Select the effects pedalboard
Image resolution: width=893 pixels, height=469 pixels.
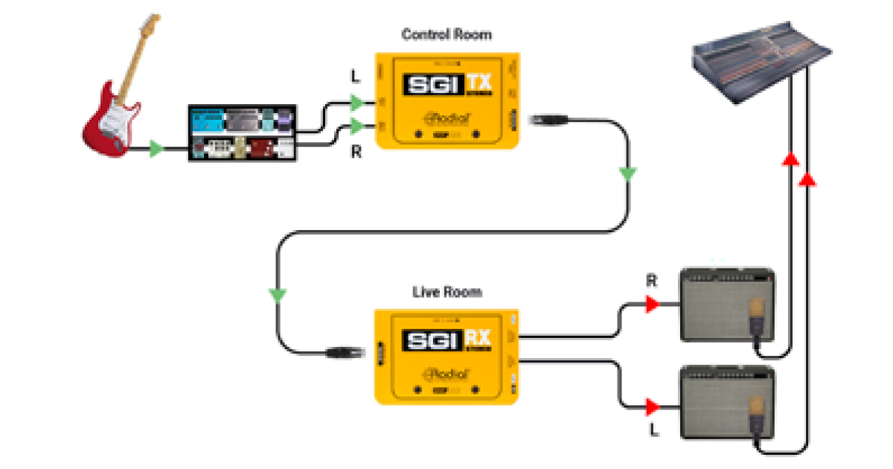click(x=242, y=134)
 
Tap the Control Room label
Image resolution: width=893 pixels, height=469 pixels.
click(x=446, y=34)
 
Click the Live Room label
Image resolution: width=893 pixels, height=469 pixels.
click(x=446, y=292)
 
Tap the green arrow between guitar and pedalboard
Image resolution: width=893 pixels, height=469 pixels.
click(x=156, y=149)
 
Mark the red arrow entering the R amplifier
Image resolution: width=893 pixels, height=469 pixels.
click(x=653, y=304)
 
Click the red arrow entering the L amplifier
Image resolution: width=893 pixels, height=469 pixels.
click(x=653, y=406)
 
